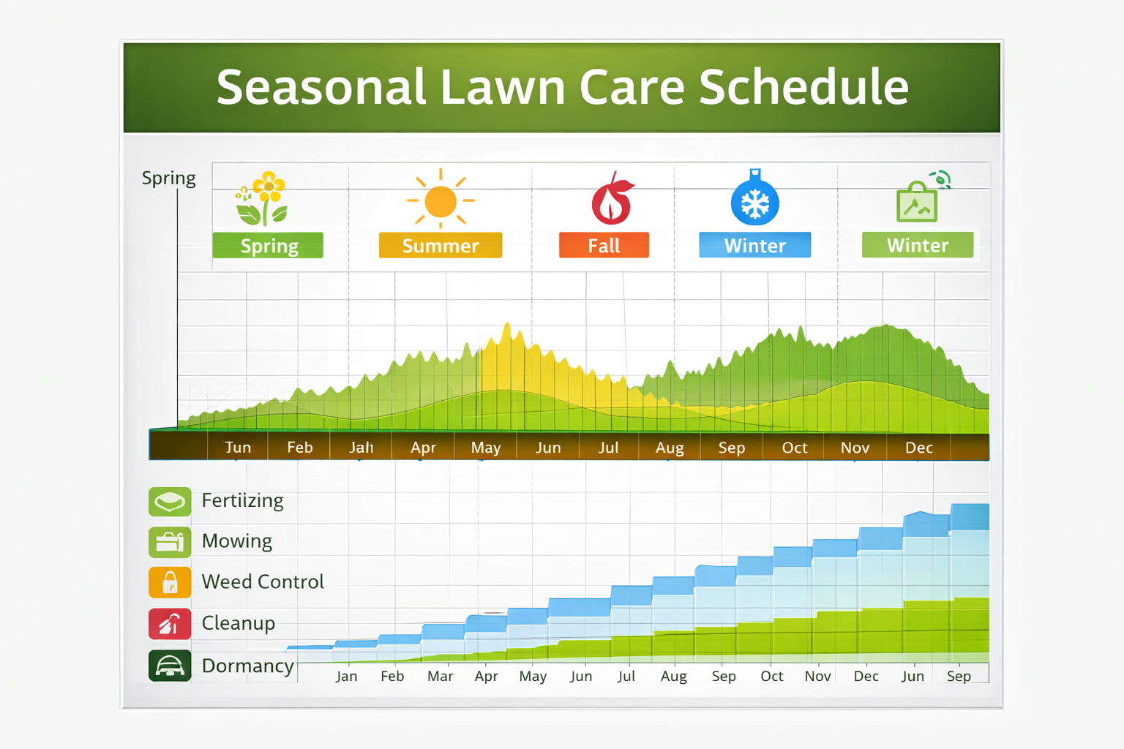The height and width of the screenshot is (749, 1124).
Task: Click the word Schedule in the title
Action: [x=803, y=86]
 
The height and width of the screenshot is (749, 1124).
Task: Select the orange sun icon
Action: [x=441, y=200]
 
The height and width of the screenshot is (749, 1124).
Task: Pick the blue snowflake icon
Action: [x=754, y=200]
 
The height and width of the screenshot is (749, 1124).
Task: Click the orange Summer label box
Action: [x=440, y=245]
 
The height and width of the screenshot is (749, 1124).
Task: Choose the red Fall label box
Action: [x=604, y=245]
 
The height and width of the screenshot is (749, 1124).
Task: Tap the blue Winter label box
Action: [x=754, y=245]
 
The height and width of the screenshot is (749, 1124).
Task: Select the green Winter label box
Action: [x=917, y=245]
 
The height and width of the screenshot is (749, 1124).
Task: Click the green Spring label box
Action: [x=268, y=245]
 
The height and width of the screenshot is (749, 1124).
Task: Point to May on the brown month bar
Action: [x=485, y=448]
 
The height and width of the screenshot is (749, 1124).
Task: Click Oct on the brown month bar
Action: [x=794, y=448]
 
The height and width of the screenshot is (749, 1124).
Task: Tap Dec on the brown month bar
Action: [x=918, y=448]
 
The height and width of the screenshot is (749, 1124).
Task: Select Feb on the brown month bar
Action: [x=299, y=448]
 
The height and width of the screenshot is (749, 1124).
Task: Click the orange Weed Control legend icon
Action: [x=170, y=582]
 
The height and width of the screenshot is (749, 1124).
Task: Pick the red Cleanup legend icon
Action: [x=170, y=624]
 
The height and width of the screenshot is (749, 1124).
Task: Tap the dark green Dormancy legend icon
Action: [x=170, y=666]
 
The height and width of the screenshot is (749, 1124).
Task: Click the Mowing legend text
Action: [x=236, y=541]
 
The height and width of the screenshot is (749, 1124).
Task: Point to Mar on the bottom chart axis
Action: [x=440, y=676]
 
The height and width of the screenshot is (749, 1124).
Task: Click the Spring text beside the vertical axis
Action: [x=168, y=178]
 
